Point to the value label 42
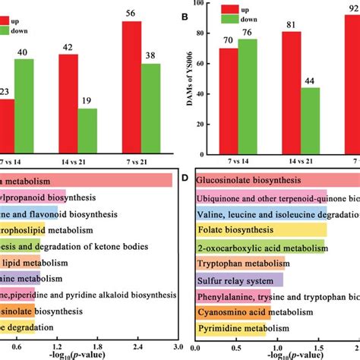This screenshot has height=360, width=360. click(66, 47)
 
